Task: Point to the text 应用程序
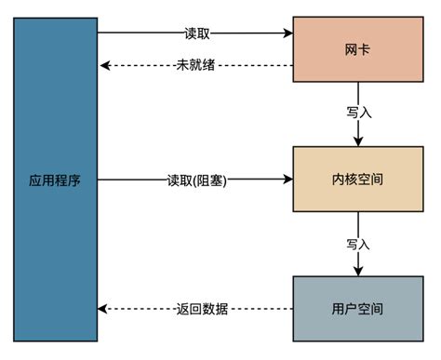point(55,180)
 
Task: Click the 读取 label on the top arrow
point(196,33)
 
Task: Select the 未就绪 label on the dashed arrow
point(196,65)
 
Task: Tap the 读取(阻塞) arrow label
point(196,180)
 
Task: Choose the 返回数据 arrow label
point(196,309)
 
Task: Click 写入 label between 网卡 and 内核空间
point(359,113)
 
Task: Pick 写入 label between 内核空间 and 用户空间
point(359,244)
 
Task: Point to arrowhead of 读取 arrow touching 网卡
point(287,33)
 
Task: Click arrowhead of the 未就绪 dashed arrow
point(105,65)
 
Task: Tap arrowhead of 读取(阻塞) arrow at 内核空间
point(287,180)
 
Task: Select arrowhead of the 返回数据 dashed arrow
point(105,309)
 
